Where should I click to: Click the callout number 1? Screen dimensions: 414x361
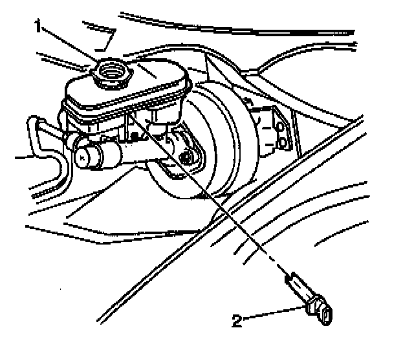pos(39,25)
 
